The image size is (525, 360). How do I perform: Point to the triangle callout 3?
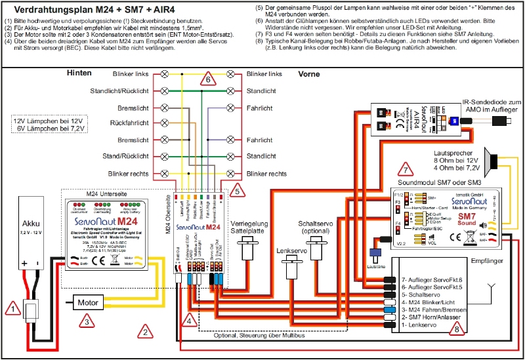pos(85,320)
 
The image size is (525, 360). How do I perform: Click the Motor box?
pos(88,303)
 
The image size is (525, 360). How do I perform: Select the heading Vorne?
pos(310,74)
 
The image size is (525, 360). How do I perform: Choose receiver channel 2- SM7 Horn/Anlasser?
pos(434,316)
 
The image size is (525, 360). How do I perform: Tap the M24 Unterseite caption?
pos(108,193)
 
